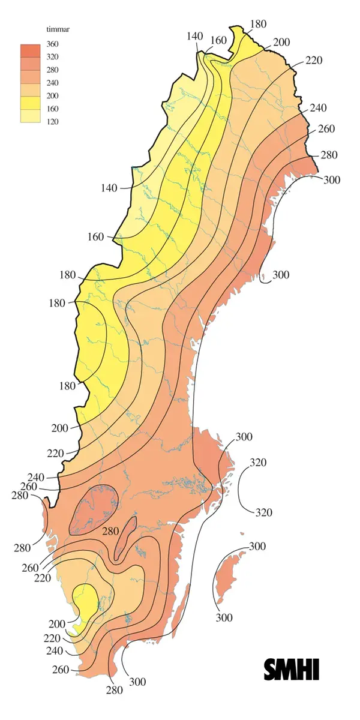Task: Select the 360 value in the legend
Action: pyautogui.click(x=53, y=44)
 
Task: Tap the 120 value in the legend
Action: pyautogui.click(x=53, y=122)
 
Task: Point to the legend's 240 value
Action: pyautogui.click(x=53, y=83)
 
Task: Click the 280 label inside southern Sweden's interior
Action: pyautogui.click(x=110, y=532)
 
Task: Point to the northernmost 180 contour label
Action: pyautogui.click(x=258, y=24)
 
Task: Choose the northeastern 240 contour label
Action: pyautogui.click(x=319, y=109)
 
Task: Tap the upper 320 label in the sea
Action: pyautogui.click(x=257, y=463)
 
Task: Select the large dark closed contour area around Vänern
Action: pyautogui.click(x=94, y=509)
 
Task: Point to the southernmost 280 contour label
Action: pyautogui.click(x=114, y=690)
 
